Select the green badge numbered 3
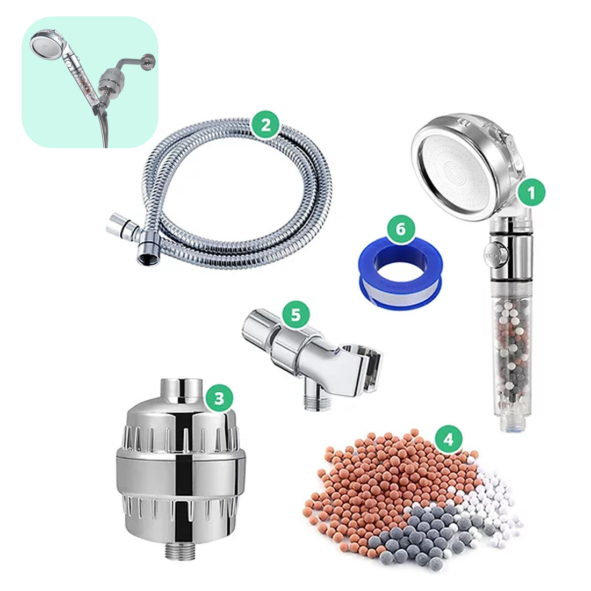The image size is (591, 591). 219,399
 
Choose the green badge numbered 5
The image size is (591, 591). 296,314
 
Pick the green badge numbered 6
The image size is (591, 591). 400,229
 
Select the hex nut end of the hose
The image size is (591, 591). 146,253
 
